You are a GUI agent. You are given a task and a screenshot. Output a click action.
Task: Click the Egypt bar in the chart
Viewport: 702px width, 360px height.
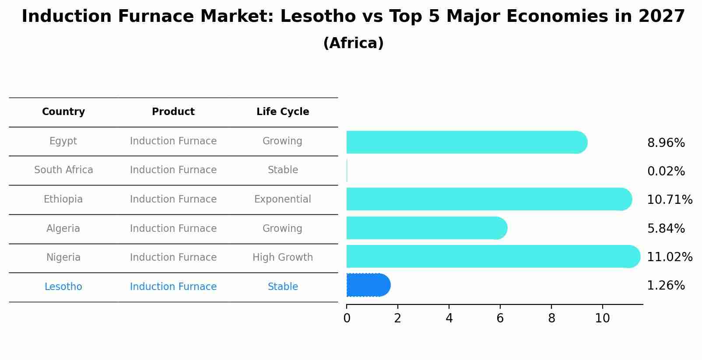coord(466,142)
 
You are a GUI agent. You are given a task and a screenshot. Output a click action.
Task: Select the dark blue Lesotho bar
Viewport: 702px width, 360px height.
coord(368,285)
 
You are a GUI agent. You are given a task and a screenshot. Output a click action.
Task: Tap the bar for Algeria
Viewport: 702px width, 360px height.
coord(426,228)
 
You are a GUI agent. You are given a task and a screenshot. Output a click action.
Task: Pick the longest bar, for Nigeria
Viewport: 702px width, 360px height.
coord(492,256)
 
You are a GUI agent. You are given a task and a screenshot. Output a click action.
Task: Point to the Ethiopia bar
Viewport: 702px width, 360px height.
coord(488,199)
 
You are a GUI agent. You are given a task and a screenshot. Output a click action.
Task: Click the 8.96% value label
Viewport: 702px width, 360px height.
coord(666,143)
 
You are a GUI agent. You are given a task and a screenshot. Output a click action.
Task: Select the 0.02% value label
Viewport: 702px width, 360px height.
coord(666,171)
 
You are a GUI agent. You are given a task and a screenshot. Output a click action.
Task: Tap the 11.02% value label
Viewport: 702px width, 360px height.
coord(670,257)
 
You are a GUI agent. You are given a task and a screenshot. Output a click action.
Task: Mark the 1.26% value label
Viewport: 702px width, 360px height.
coord(666,286)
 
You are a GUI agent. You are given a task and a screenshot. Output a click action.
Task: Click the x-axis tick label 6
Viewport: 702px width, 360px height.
coord(500,318)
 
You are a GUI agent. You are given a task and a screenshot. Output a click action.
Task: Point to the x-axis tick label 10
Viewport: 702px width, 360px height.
coord(602,318)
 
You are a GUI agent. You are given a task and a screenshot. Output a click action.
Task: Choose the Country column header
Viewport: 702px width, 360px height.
coord(63,112)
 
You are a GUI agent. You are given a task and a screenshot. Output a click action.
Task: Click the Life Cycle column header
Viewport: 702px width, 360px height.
coord(283,112)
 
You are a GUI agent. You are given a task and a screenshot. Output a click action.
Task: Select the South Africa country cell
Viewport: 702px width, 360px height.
coord(63,170)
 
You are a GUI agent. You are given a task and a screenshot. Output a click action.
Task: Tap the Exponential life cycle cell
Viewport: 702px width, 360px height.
coord(283,199)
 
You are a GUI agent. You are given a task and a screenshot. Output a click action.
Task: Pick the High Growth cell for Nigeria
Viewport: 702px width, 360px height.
coord(283,257)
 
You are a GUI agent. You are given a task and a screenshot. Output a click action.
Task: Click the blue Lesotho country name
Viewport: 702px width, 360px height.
coord(63,287)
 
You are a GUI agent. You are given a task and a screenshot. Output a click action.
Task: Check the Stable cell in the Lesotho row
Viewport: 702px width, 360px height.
coord(283,287)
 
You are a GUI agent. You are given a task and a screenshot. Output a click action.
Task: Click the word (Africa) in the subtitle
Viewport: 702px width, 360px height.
coord(353,43)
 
